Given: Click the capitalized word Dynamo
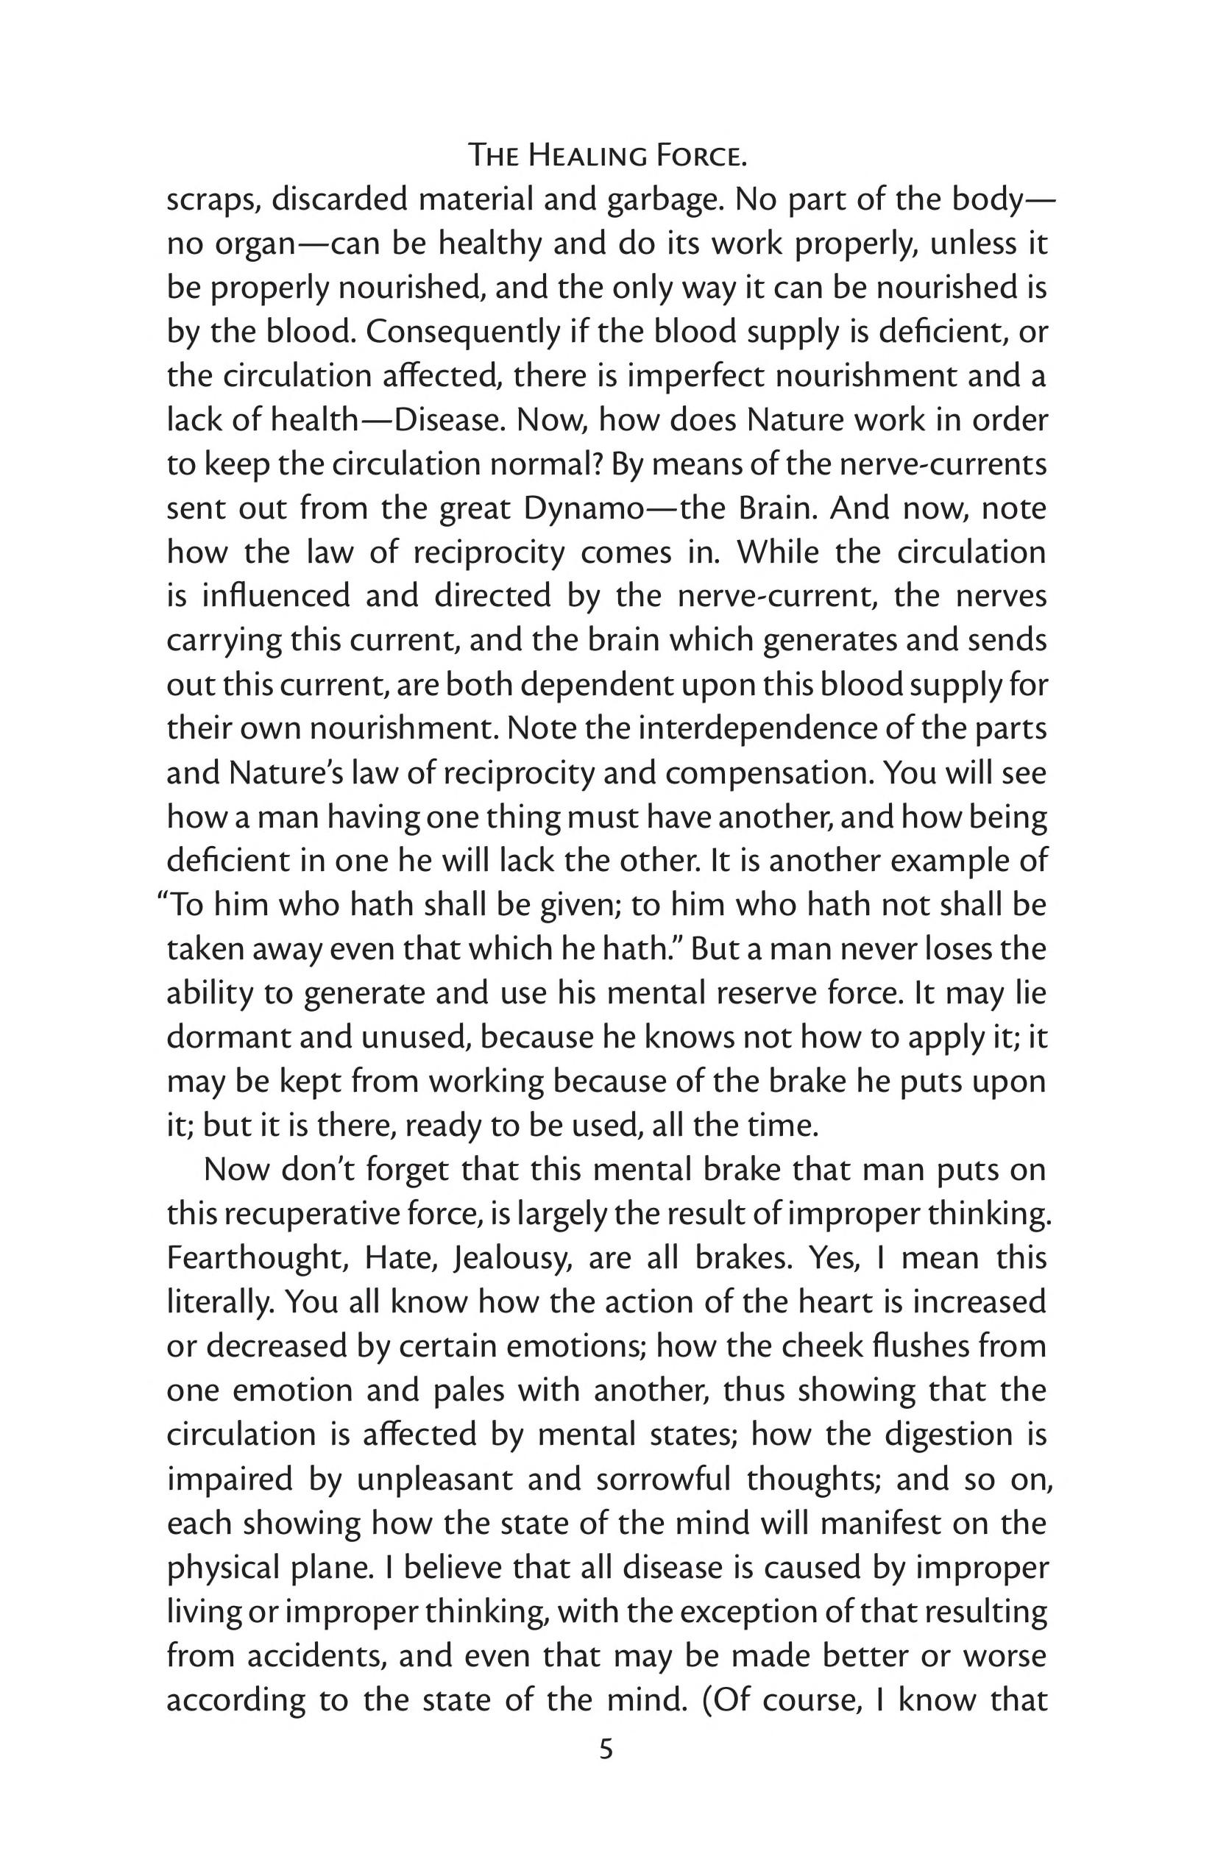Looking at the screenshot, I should (x=578, y=508).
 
